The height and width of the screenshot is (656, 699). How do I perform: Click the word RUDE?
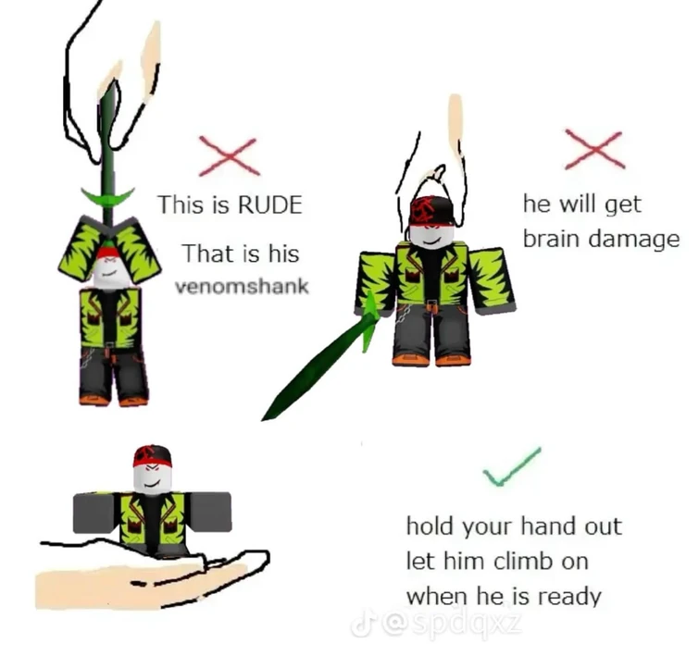pos(270,204)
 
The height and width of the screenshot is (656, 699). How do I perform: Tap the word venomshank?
pos(242,286)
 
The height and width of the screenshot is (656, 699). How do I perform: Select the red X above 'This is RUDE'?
pos(229,156)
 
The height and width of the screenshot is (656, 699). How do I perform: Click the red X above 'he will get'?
pos(594,149)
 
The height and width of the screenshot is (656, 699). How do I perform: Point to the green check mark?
pos(513,466)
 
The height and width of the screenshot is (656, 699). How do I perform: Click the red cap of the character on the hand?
pos(152,455)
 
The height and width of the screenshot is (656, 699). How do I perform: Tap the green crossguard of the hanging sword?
pos(107,197)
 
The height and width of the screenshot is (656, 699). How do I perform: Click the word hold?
pos(431,526)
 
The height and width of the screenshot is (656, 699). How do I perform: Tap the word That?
pos(208,254)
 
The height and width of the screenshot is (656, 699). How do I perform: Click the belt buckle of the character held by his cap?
pos(431,305)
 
